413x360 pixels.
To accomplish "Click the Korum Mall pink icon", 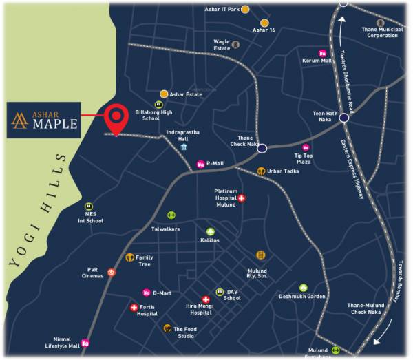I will (x=322, y=54).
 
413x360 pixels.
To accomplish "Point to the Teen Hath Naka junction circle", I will (x=343, y=118).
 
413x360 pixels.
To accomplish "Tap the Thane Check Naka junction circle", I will (x=262, y=147).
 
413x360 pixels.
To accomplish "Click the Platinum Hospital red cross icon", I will (x=242, y=198).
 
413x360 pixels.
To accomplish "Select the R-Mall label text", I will (x=215, y=164).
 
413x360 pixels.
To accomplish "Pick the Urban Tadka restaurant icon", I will (x=261, y=171).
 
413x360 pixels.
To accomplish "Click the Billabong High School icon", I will (x=158, y=105).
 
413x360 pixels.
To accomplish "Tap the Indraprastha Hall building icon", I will (x=184, y=147).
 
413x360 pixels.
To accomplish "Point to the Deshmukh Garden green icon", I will (x=303, y=288).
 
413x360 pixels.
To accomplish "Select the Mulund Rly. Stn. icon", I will (x=260, y=255).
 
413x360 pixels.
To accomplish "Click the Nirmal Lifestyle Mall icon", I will (x=85, y=343).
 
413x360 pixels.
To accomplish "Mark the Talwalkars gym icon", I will (x=171, y=215).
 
